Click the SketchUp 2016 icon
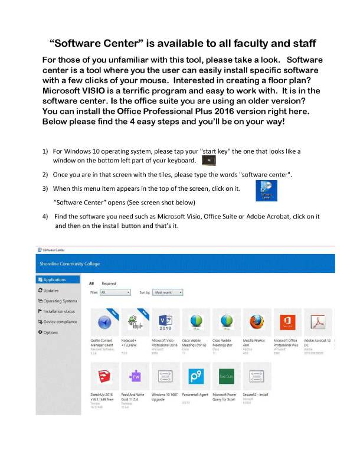104,376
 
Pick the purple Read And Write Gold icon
135,376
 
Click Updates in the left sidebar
51,290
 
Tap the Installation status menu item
58,311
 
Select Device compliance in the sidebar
60,322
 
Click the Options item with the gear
51,333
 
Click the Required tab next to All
109,283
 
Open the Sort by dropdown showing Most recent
168,292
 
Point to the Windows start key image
208,160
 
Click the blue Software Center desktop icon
267,190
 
